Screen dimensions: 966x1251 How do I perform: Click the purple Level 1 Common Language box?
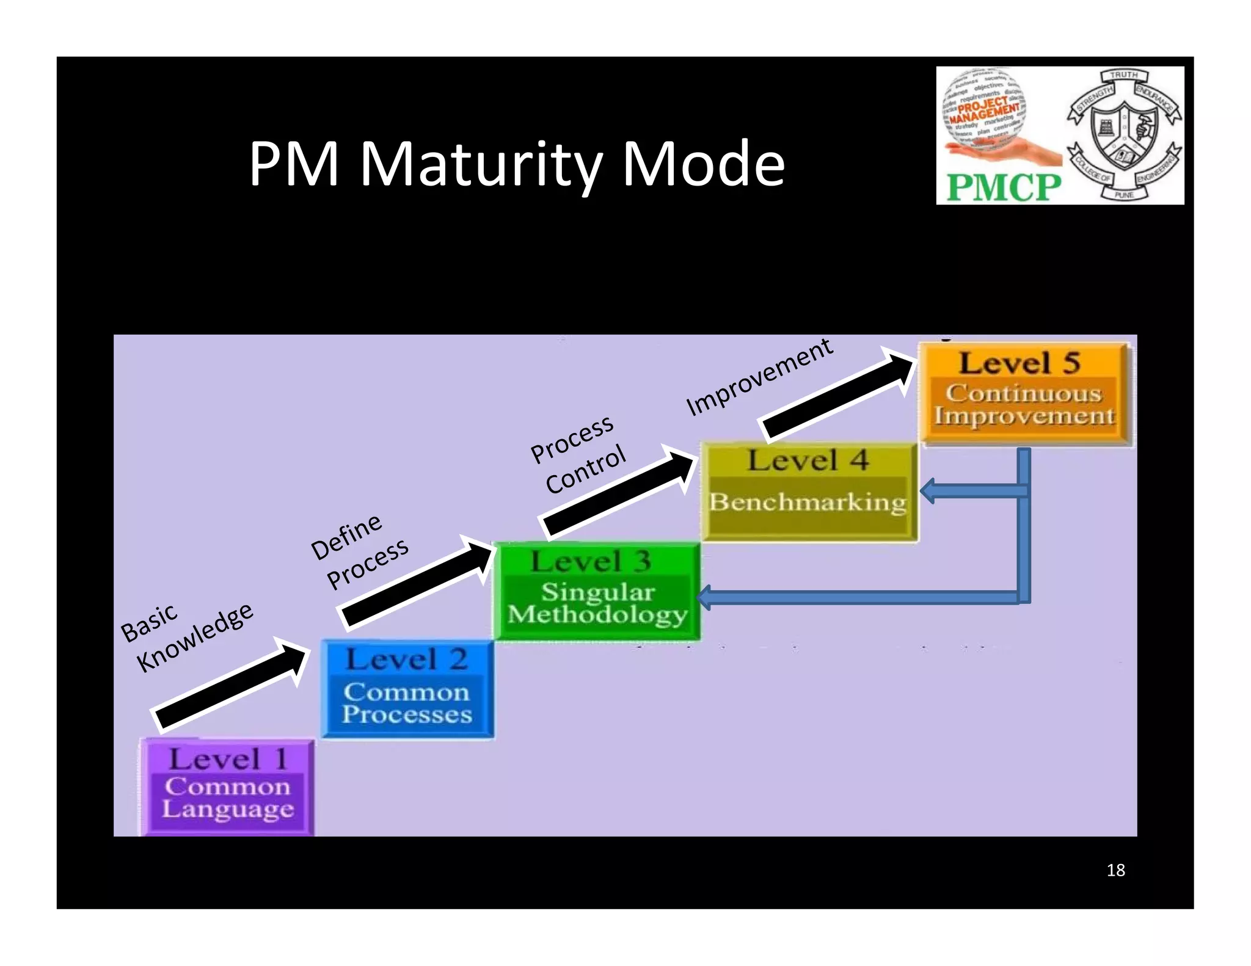point(227,786)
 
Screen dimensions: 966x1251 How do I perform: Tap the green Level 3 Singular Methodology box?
point(597,591)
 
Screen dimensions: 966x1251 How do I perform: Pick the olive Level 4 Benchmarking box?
point(809,492)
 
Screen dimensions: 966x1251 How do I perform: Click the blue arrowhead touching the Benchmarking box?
point(928,491)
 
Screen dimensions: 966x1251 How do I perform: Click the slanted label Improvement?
point(759,377)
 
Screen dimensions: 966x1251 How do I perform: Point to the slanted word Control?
point(586,469)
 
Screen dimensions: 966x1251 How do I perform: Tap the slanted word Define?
point(346,537)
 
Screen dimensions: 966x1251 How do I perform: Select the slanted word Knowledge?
point(195,636)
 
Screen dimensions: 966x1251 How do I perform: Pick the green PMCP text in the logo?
point(1004,187)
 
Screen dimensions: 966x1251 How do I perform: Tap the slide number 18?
point(1115,870)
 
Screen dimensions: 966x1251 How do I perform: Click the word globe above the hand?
point(985,105)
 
